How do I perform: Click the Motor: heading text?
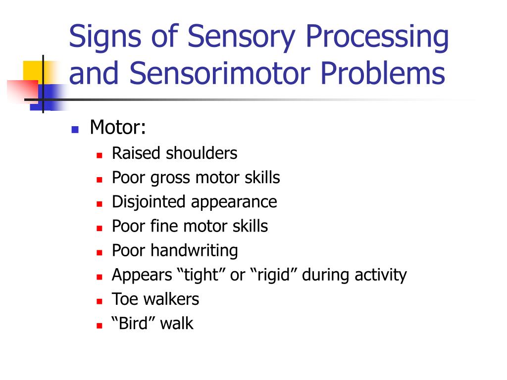(x=118, y=128)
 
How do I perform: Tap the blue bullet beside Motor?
(x=75, y=130)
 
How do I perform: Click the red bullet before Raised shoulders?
(x=99, y=155)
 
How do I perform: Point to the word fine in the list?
(x=165, y=226)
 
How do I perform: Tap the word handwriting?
(x=194, y=250)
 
